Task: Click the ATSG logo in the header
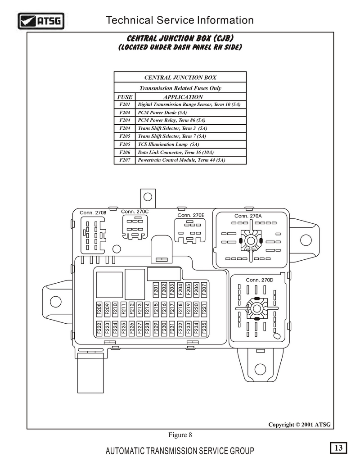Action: [x=41, y=21]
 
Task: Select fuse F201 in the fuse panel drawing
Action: [x=156, y=290]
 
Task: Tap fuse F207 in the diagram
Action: [x=204, y=290]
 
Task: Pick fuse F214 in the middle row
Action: [x=147, y=309]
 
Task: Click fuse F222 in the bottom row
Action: [x=99, y=328]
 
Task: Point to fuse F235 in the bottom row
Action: [x=204, y=328]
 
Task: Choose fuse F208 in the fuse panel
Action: [x=99, y=309]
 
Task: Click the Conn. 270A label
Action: [x=248, y=216]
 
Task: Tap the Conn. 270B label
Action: [x=93, y=213]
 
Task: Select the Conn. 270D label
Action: [x=260, y=280]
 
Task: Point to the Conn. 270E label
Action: [x=191, y=215]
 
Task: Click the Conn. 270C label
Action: [x=135, y=212]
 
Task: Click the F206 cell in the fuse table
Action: [x=125, y=152]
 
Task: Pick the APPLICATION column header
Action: [x=183, y=97]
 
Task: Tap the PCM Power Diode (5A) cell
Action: [x=162, y=113]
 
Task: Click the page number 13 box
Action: [x=338, y=448]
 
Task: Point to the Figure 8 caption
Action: [x=180, y=435]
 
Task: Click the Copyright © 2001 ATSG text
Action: [x=299, y=425]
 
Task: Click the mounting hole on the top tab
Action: [x=148, y=197]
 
